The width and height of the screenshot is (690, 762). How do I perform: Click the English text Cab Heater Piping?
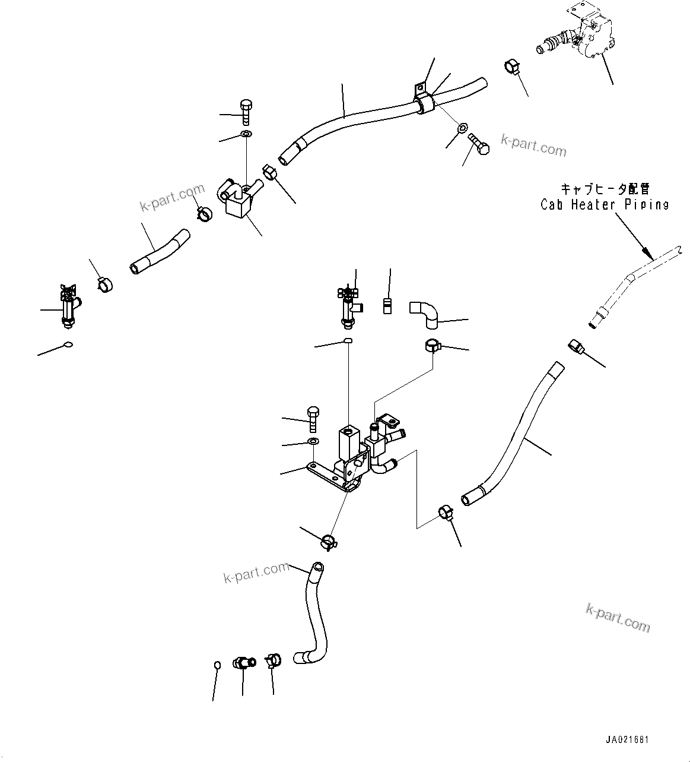pos(604,205)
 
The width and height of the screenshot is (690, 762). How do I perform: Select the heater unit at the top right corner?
pos(590,36)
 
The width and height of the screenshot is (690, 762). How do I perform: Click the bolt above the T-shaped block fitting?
pos(246,112)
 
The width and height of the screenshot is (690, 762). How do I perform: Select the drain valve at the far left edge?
pos(68,305)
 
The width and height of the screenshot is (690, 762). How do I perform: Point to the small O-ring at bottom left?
pos(217,664)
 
